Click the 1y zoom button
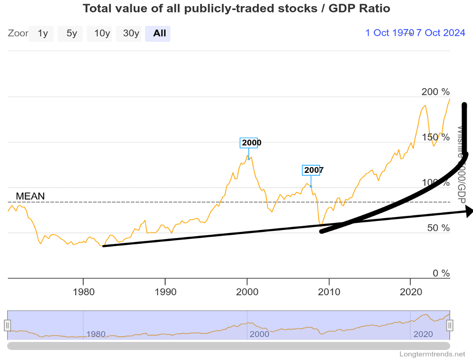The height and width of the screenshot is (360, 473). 42,33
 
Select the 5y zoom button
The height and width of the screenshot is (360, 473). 71,33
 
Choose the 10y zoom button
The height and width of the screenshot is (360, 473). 101,33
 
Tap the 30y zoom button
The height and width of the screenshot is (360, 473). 130,33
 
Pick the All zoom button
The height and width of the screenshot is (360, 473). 159,33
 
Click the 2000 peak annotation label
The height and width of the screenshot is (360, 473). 251,142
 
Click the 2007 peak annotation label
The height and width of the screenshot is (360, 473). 314,170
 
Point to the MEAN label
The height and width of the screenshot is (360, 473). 30,196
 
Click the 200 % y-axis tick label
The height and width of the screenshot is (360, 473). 435,92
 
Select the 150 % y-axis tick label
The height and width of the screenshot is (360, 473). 435,137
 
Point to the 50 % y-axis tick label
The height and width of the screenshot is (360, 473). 438,228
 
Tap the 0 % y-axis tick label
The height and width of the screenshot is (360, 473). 440,273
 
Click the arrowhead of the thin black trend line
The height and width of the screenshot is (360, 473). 469,211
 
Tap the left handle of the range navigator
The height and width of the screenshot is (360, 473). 7,325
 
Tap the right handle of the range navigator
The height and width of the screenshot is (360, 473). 450,325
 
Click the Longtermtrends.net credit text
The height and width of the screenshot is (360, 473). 432,354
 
